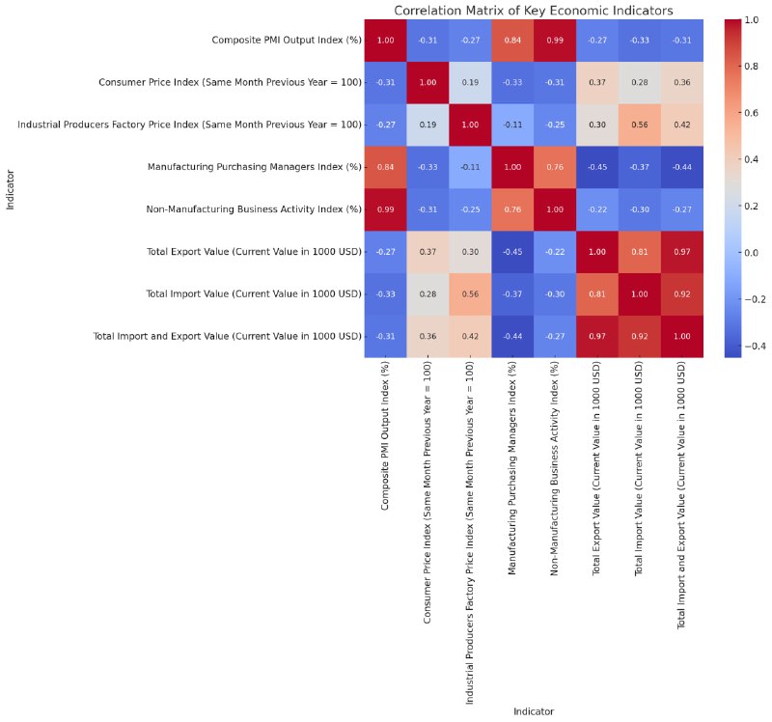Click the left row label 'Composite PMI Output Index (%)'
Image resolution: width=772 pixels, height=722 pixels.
point(287,40)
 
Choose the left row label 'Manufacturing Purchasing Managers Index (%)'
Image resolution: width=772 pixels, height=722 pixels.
point(255,167)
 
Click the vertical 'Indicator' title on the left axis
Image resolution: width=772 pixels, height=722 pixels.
point(11,188)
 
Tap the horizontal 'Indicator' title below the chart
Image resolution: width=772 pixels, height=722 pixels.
point(534,711)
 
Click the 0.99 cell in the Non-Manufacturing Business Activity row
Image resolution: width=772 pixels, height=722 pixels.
point(386,209)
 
